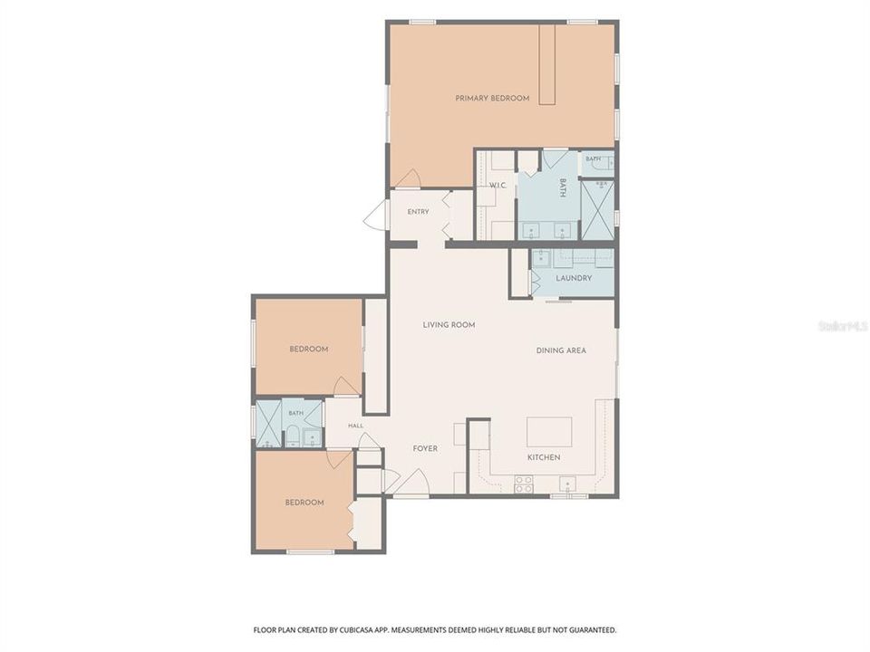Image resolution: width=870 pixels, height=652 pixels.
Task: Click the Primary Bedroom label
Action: (x=492, y=98)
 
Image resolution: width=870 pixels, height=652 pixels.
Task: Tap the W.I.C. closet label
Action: (x=498, y=185)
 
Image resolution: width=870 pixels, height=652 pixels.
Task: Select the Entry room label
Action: (x=418, y=212)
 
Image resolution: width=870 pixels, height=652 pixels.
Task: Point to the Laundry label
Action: (x=574, y=278)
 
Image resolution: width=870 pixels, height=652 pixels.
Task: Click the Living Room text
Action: (x=449, y=325)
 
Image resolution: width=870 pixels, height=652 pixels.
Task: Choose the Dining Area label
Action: (x=561, y=350)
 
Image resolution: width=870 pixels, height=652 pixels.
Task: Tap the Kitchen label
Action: (x=544, y=457)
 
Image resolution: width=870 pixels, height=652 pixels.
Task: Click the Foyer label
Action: (x=425, y=448)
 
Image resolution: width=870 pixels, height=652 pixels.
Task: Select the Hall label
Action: (x=355, y=426)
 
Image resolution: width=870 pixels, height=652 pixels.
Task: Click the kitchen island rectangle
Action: (x=549, y=432)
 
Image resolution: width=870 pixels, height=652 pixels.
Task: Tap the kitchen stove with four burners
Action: (x=524, y=484)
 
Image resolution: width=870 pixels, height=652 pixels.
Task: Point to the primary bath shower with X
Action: (x=597, y=209)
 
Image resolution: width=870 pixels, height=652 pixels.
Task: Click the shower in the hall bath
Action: (x=268, y=423)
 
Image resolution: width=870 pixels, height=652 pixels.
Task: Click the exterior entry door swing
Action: (x=374, y=216)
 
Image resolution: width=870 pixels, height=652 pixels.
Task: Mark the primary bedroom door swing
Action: (x=407, y=178)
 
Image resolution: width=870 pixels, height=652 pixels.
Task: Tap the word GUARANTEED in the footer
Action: (x=594, y=630)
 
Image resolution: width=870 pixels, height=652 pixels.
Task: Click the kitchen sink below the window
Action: (x=567, y=484)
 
